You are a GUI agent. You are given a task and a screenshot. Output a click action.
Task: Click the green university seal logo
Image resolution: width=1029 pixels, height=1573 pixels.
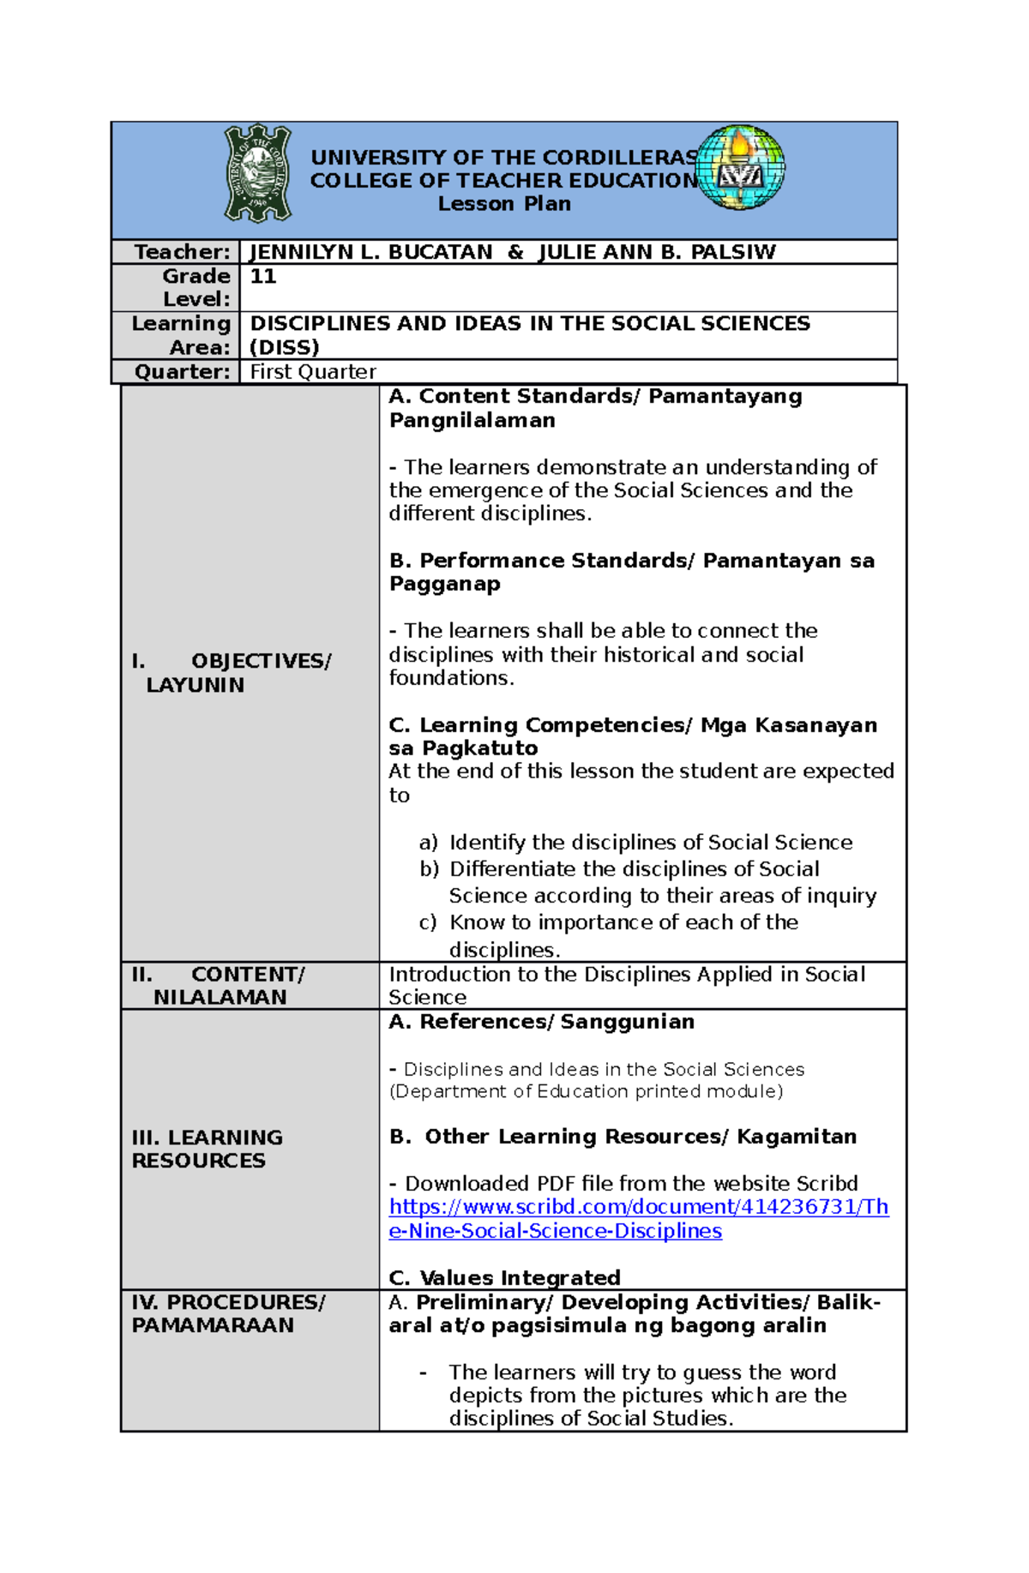coord(257,173)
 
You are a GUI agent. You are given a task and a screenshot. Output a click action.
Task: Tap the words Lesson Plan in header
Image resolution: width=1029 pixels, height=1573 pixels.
coord(504,204)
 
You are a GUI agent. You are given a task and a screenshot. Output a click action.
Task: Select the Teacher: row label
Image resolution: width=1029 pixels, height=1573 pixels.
coord(182,252)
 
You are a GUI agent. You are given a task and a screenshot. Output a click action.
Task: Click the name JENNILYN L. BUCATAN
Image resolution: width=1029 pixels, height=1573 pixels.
coord(370,252)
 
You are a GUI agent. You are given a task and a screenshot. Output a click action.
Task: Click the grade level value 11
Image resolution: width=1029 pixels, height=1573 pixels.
coord(262,276)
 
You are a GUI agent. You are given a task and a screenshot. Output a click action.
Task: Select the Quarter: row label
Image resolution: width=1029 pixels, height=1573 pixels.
coord(182,372)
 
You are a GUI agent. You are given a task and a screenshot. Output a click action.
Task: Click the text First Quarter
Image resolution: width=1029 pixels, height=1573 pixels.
coord(313,372)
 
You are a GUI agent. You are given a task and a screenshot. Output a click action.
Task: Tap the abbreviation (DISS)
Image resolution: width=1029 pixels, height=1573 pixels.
coord(284,347)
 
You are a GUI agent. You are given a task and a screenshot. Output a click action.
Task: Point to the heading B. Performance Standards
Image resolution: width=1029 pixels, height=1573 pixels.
coord(540,561)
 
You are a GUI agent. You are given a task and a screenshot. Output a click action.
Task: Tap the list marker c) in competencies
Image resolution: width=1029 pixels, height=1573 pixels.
coord(427,923)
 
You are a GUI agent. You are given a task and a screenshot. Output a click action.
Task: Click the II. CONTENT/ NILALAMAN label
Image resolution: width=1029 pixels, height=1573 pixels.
coord(219,986)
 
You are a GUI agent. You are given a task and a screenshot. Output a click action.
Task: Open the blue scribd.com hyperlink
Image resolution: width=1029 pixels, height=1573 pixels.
coord(638,1218)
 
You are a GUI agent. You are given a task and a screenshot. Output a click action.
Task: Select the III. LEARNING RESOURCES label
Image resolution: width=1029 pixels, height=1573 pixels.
coord(206,1149)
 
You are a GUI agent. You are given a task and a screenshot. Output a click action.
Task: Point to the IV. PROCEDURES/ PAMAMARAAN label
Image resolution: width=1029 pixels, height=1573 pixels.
coord(227,1313)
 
